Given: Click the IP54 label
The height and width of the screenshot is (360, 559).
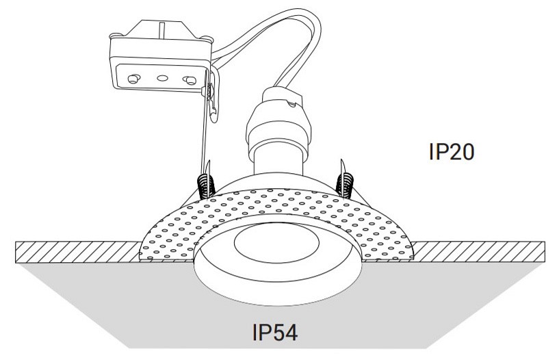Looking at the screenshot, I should (x=274, y=333).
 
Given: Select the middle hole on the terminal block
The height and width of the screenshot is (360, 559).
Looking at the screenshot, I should (x=161, y=78).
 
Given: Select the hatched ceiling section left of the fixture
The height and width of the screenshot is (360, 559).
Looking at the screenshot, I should (x=75, y=251).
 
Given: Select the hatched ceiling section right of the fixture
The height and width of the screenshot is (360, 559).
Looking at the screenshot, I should (x=479, y=251).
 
